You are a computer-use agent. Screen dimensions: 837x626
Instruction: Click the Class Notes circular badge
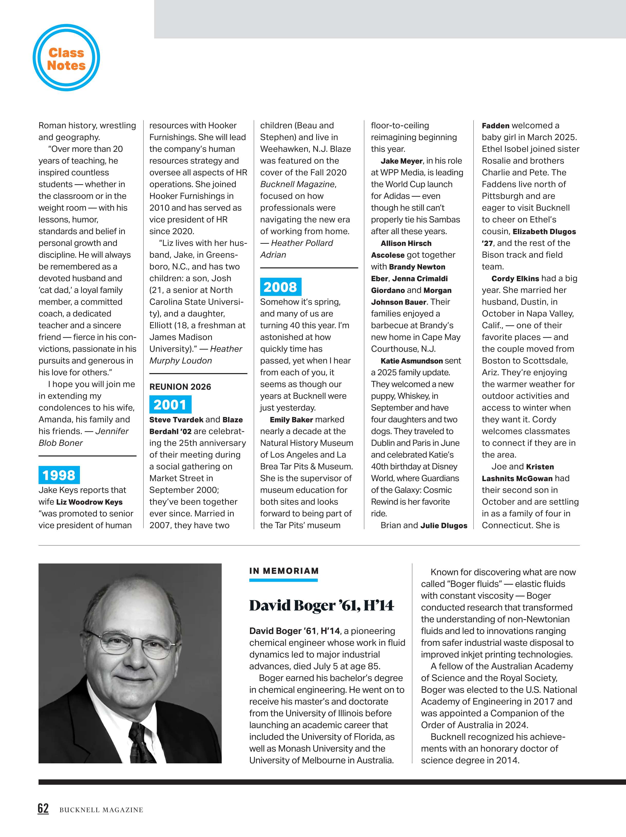coord(66,58)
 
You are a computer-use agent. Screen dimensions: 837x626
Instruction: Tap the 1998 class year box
coord(59,475)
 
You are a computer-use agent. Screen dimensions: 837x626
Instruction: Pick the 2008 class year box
coord(281,287)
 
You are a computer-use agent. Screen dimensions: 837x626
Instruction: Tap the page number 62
coord(43,808)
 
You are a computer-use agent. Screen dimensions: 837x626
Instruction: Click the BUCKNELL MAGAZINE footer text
coord(101,810)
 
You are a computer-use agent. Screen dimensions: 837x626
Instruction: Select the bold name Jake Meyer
coord(401,161)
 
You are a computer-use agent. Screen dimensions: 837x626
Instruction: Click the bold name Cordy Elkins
coord(515,278)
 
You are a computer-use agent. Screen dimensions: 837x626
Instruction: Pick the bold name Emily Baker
coord(291,420)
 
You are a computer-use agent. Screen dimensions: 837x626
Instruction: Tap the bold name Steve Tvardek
coord(176,420)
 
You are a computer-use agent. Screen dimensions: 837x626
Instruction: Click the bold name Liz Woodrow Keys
coord(89,502)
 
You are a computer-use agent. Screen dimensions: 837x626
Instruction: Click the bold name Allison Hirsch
coord(406,243)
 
